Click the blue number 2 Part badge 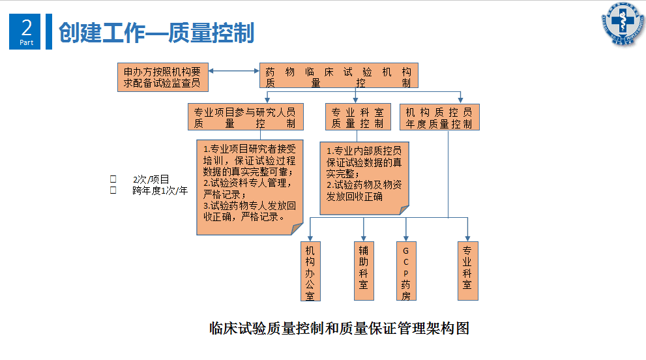click(25, 32)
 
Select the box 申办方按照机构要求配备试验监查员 click(162, 77)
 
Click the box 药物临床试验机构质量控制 click(338, 76)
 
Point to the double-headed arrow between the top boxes click(234, 71)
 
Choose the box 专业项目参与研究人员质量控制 click(244, 117)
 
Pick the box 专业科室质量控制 click(357, 117)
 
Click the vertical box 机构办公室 click(310, 271)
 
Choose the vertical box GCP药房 click(406, 271)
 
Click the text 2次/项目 click(151, 179)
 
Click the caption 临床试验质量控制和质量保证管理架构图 click(339, 328)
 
